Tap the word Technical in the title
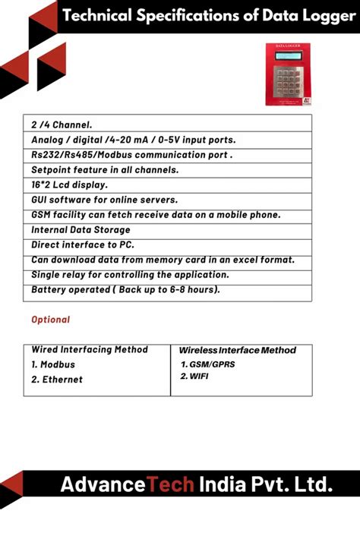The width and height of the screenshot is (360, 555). pyautogui.click(x=97, y=14)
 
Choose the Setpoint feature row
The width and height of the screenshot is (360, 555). pyautogui.click(x=105, y=169)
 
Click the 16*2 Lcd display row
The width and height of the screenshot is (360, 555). pyautogui.click(x=69, y=184)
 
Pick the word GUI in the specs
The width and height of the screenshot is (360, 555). pyautogui.click(x=39, y=200)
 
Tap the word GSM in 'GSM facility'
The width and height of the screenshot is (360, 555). pyautogui.click(x=42, y=215)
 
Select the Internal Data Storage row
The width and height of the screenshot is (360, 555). pyautogui.click(x=81, y=229)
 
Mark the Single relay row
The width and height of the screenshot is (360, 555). pyautogui.click(x=129, y=275)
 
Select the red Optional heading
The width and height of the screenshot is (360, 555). pyautogui.click(x=50, y=320)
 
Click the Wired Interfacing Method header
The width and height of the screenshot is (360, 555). pyautogui.click(x=90, y=350)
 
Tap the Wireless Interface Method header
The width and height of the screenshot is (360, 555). pyautogui.click(x=237, y=350)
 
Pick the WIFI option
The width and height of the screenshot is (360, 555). pyautogui.click(x=199, y=377)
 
